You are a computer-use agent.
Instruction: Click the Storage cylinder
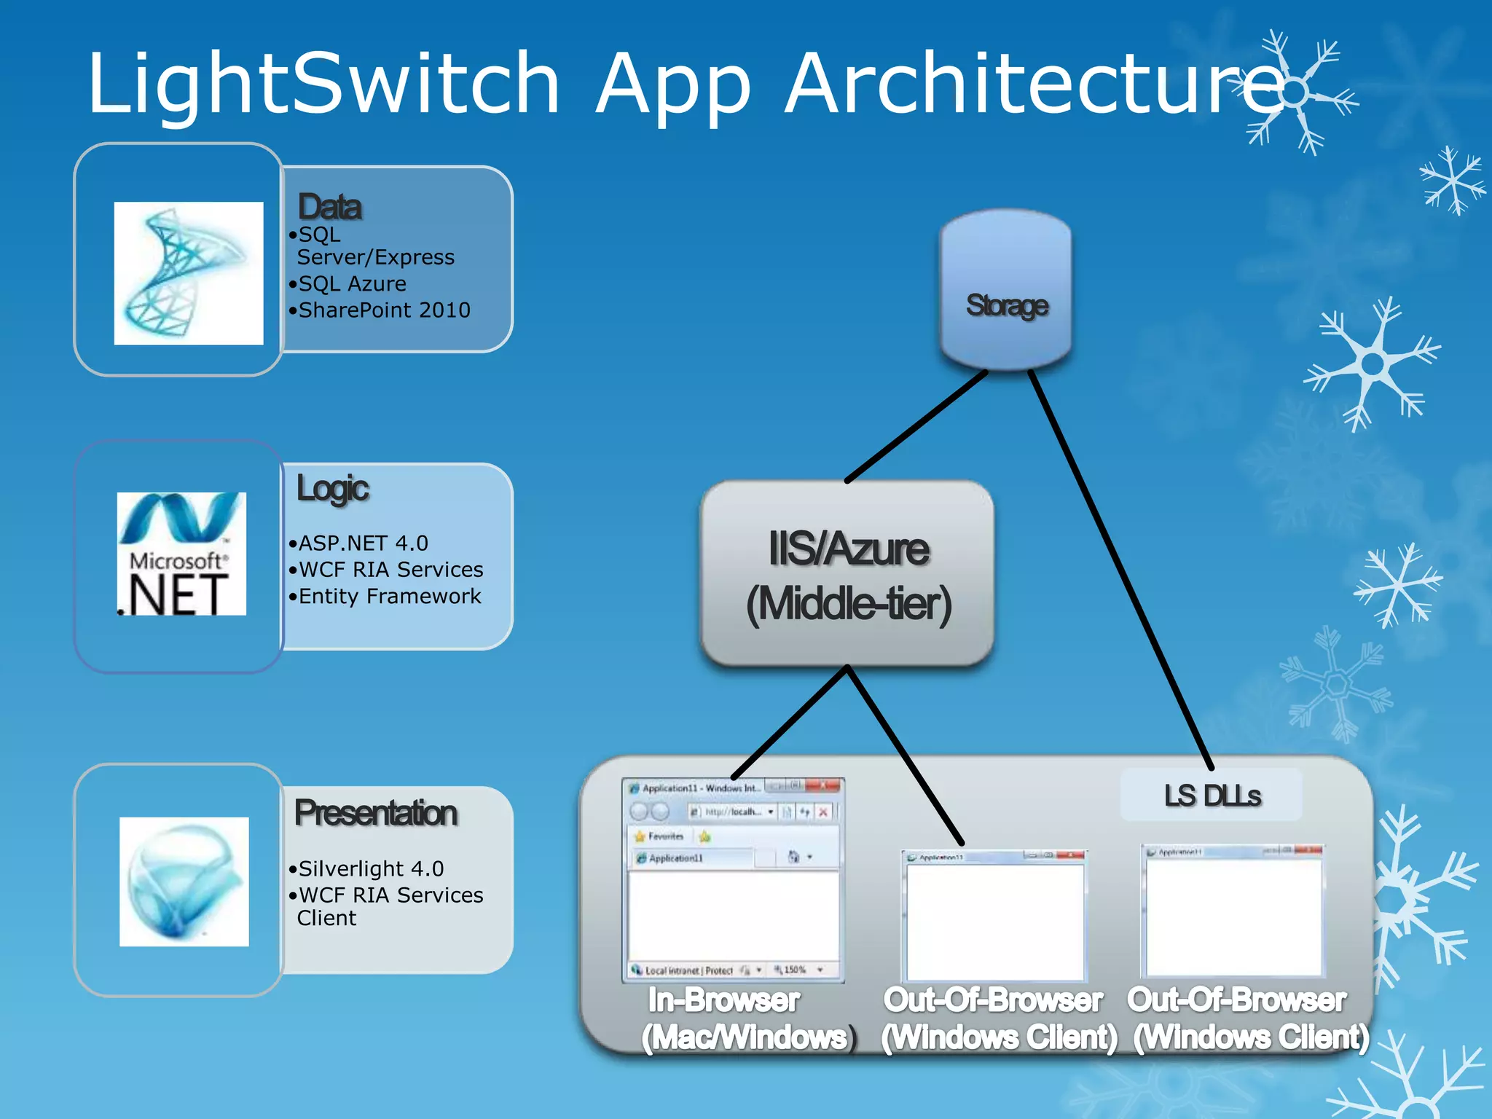pos(1005,291)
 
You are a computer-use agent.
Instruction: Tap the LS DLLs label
pos(1212,795)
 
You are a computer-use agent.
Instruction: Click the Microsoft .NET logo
pos(181,554)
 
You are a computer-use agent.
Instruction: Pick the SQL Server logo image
pos(188,272)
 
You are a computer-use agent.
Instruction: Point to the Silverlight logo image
pos(184,882)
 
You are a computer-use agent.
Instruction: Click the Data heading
pos(329,207)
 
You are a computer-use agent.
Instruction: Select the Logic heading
pos(332,488)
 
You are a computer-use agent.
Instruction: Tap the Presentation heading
pos(376,813)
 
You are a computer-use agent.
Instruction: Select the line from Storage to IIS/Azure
pos(916,426)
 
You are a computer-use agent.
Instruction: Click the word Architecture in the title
pos(1034,84)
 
